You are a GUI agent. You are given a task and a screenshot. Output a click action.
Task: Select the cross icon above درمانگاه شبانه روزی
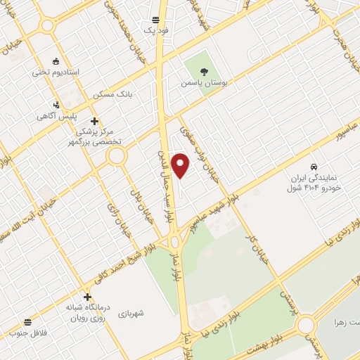point(87,297)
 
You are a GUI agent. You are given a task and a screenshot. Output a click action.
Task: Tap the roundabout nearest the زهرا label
point(306,326)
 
